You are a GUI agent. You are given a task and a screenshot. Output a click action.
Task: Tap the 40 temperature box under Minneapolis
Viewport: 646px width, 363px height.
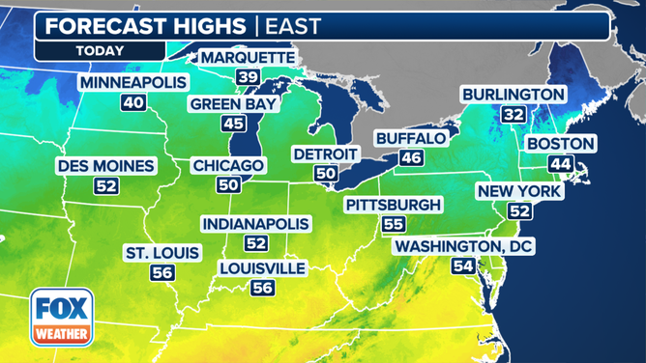[132, 102]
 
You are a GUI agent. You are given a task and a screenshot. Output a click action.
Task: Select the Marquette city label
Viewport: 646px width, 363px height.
[247, 58]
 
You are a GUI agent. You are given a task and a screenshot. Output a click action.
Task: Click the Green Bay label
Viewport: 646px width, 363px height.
[233, 103]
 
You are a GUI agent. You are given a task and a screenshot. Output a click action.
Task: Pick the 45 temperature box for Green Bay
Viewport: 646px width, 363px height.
[233, 123]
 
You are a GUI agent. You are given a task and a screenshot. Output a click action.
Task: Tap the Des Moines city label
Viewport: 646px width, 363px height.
[105, 166]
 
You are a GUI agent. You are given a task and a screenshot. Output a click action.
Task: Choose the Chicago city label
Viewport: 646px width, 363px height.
[228, 166]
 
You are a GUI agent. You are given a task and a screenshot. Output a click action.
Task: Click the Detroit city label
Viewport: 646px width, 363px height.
[325, 154]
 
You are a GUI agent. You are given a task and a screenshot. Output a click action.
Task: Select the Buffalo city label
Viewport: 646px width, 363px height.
[411, 138]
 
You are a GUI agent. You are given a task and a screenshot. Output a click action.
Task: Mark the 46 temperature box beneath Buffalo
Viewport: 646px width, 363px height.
[411, 157]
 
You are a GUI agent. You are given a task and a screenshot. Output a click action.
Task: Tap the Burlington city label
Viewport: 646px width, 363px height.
[513, 94]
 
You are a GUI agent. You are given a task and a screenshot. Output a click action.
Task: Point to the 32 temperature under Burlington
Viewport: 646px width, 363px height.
[513, 114]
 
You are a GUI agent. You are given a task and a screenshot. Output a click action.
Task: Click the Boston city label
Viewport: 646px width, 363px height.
[561, 144]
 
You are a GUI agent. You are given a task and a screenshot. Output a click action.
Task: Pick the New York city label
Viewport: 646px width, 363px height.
[518, 191]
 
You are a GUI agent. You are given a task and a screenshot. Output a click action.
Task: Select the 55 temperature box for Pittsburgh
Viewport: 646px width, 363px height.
[393, 224]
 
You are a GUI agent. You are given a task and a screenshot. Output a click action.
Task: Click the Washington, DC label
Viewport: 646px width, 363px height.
[463, 247]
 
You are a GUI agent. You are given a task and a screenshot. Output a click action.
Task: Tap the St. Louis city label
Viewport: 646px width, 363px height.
[162, 253]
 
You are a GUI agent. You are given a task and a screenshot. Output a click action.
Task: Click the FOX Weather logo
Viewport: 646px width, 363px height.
[61, 318]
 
